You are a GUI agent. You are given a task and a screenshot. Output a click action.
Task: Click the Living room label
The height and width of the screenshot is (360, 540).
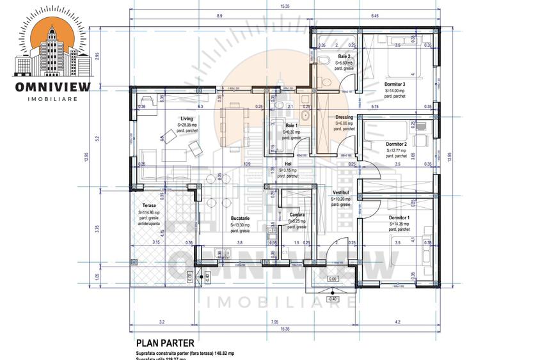point(187,118)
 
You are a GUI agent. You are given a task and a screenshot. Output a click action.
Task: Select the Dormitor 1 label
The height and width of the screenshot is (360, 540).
point(399,217)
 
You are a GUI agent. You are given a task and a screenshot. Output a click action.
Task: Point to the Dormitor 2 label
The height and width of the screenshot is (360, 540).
point(397,144)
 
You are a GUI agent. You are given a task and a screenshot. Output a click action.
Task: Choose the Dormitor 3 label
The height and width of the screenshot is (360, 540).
point(395,84)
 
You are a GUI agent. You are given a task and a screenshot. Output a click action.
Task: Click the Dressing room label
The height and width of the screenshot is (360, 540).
point(344,117)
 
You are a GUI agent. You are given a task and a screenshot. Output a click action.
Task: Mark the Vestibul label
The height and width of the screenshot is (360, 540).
point(340,192)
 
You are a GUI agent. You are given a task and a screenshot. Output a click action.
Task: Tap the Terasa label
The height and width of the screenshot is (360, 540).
point(149,205)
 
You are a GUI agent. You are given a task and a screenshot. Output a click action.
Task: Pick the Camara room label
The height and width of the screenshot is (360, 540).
point(296,214)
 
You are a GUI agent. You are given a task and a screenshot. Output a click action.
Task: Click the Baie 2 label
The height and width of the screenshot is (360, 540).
point(344,57)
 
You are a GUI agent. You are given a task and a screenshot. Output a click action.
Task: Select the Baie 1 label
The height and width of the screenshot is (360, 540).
point(291,125)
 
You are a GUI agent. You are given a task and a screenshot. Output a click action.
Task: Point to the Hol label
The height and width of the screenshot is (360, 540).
point(289,164)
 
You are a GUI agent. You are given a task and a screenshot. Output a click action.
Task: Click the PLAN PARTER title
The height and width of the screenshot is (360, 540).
point(164,343)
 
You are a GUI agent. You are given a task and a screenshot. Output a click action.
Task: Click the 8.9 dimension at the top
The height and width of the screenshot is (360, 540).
point(220,15)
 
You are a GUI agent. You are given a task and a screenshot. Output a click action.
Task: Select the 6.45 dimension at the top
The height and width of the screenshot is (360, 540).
point(375,15)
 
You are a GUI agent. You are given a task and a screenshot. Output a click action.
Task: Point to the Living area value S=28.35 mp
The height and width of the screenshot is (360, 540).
point(187,125)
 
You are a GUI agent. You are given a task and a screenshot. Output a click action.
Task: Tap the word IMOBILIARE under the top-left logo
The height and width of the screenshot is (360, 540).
point(52,98)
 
